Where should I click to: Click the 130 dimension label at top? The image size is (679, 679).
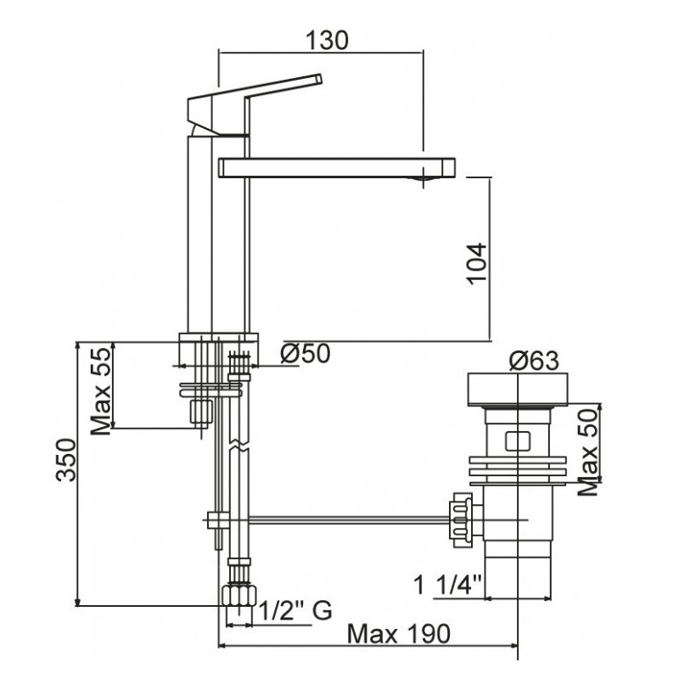(x=327, y=40)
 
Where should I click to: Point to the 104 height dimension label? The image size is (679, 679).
(x=477, y=264)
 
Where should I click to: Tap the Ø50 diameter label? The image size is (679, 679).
(x=306, y=353)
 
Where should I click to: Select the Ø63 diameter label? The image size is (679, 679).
(x=534, y=361)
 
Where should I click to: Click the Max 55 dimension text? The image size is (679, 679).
(x=101, y=391)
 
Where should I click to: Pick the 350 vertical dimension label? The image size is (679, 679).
(x=66, y=460)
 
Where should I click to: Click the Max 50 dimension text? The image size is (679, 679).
(x=588, y=452)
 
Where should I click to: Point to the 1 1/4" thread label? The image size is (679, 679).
(x=448, y=585)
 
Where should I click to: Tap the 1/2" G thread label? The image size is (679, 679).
(x=295, y=611)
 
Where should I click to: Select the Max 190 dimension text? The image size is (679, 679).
(x=399, y=634)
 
